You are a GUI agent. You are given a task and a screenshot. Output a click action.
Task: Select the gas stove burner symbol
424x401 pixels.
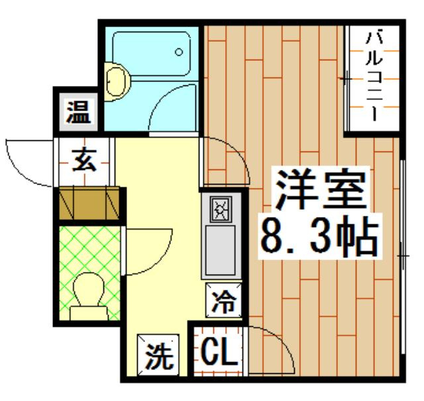pyautogui.click(x=219, y=210)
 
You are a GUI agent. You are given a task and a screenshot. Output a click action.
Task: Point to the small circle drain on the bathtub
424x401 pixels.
pyautogui.click(x=179, y=52)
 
